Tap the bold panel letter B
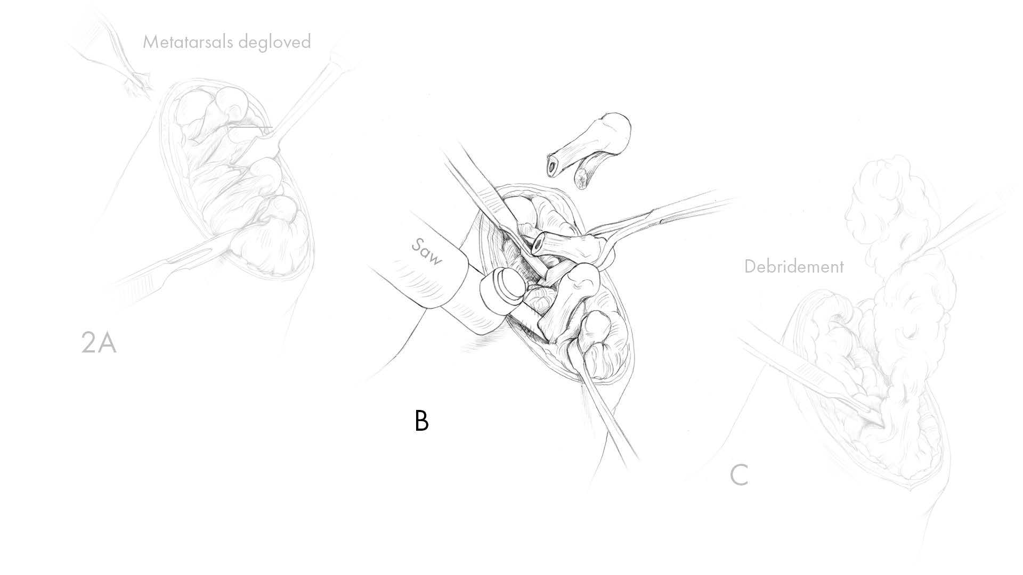coord(421,421)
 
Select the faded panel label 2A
coord(99,343)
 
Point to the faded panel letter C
coord(739,475)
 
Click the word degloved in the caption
coord(274,42)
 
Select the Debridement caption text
coord(794,266)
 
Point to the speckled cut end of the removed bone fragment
coord(583,178)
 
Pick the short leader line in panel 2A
coord(251,127)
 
